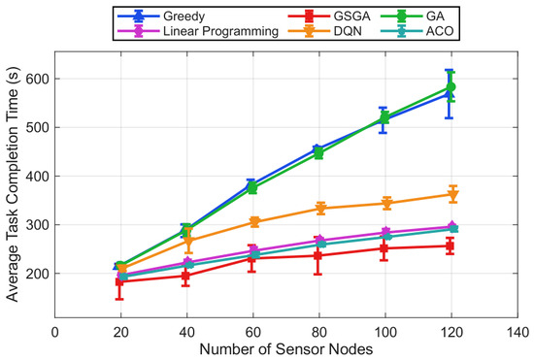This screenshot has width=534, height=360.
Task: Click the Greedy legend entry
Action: pyautogui.click(x=161, y=16)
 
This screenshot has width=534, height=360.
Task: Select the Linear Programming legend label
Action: pyautogui.click(x=221, y=31)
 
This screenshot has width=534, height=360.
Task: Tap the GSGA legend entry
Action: pyautogui.click(x=329, y=16)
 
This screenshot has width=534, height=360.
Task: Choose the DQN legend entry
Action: pyautogui.click(x=325, y=31)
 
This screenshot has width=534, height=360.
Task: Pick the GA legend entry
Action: pyautogui.click(x=413, y=16)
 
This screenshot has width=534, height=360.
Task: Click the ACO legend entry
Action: pyautogui.click(x=417, y=31)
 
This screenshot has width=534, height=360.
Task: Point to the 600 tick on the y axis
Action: pyautogui.click(x=38, y=79)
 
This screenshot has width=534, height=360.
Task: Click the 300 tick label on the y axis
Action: pyautogui.click(x=38, y=225)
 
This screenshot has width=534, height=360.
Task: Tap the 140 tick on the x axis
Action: pyautogui.click(x=517, y=332)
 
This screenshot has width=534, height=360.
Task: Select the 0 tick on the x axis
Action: pyautogui.click(x=54, y=332)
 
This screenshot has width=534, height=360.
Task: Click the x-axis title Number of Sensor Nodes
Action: pyautogui.click(x=286, y=349)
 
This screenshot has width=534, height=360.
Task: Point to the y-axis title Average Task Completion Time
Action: pyautogui.click(x=13, y=184)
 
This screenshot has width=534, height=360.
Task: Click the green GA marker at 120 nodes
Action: pyautogui.click(x=451, y=87)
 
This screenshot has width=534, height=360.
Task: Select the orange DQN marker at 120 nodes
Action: pyautogui.click(x=453, y=195)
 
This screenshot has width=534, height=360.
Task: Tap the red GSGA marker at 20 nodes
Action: pyautogui.click(x=119, y=281)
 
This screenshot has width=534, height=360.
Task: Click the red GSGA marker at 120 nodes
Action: pyautogui.click(x=450, y=245)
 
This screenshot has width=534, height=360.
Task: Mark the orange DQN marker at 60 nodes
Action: pyautogui.click(x=254, y=222)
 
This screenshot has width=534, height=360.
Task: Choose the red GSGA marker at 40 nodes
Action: pyautogui.click(x=185, y=276)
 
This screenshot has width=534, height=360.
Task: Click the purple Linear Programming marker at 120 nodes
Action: pyautogui.click(x=451, y=226)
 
